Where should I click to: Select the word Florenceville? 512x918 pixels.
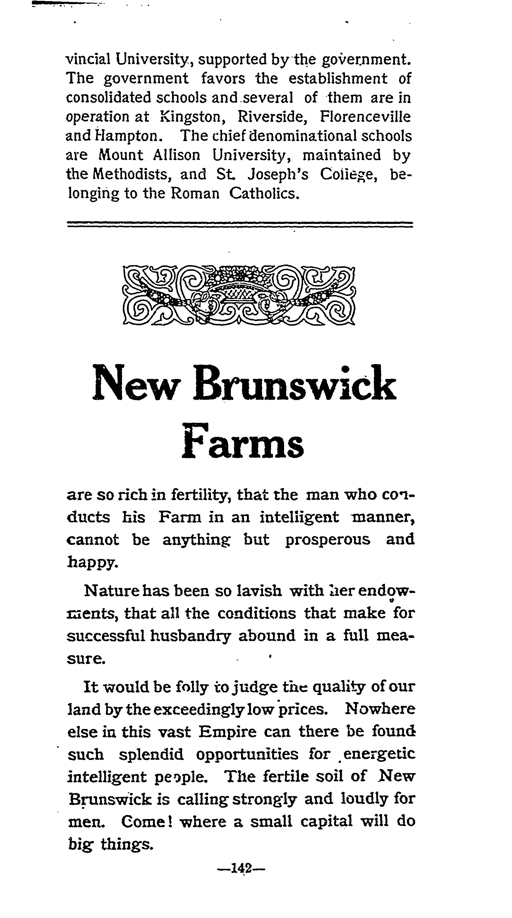coord(365,116)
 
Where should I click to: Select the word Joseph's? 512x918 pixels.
coord(278,174)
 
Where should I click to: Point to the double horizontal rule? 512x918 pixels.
coord(239,224)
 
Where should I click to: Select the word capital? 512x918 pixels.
coord(327,822)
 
